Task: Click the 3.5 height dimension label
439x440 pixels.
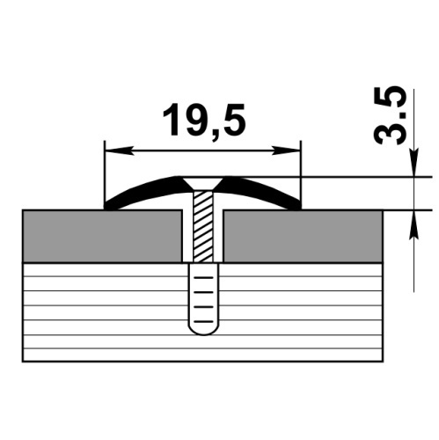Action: [390, 115]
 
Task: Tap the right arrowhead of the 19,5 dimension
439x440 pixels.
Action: [287, 150]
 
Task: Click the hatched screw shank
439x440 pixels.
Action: [203, 227]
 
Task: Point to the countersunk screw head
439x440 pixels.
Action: [203, 184]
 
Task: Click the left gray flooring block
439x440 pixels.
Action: [102, 236]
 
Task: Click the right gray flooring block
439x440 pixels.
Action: [303, 236]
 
